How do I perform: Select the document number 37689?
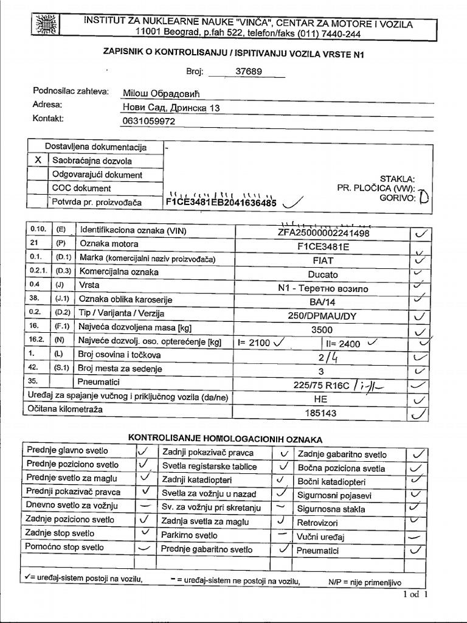pos(248,71)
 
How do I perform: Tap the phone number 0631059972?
pos(149,121)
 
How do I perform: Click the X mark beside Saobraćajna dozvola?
pos(38,161)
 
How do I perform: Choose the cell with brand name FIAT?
pos(322,260)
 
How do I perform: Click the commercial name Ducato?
pos(322,274)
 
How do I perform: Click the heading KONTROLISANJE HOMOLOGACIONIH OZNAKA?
pos(225,439)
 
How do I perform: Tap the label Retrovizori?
pos(317,523)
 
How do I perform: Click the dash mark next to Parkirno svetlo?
pos(282,534)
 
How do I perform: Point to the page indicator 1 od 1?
pos(415,594)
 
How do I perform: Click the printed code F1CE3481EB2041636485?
pos(221,202)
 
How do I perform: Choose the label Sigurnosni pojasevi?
pos(334,495)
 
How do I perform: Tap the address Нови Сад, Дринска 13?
pos(171,108)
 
